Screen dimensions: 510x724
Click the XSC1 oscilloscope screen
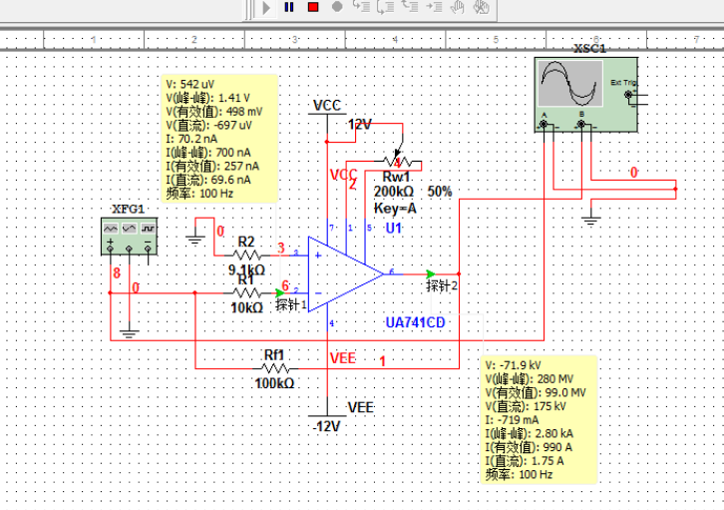point(569,84)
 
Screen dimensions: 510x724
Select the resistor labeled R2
point(245,255)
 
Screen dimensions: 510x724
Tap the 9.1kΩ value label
point(246,269)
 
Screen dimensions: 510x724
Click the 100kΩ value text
point(275,383)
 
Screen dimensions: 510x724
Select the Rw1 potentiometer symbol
point(398,163)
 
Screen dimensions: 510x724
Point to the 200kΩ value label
point(395,191)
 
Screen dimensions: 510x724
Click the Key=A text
point(395,208)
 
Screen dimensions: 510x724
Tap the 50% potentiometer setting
point(440,191)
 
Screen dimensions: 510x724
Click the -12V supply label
point(327,425)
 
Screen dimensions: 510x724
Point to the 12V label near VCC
point(359,125)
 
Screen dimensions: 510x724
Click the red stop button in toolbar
point(312,7)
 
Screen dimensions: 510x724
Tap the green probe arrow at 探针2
point(430,273)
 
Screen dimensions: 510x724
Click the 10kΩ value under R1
point(246,307)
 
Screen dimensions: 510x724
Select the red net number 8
point(117,271)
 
